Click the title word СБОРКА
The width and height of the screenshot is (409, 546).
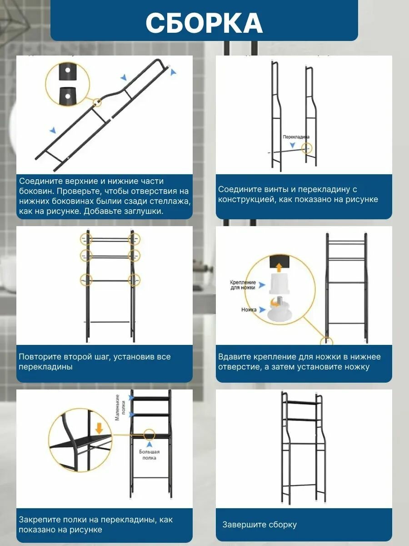(x=204, y=23)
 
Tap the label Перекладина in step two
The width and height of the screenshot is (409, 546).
(x=296, y=137)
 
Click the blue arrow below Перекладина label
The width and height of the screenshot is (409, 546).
(x=293, y=145)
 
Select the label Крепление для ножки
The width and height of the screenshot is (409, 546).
(x=243, y=285)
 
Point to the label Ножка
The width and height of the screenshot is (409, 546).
(x=249, y=310)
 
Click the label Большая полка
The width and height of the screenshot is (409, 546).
(x=149, y=455)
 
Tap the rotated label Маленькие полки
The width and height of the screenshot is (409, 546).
(x=120, y=407)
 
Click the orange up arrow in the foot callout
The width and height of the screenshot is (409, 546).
(x=279, y=268)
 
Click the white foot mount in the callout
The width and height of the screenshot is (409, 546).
(x=279, y=283)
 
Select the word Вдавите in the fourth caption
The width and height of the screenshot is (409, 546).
(x=234, y=357)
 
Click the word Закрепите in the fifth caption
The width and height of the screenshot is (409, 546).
(x=39, y=520)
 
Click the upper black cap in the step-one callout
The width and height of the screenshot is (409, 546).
(x=68, y=72)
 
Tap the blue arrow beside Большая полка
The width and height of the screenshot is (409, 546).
(x=149, y=444)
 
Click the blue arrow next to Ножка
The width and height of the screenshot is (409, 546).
(x=262, y=310)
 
